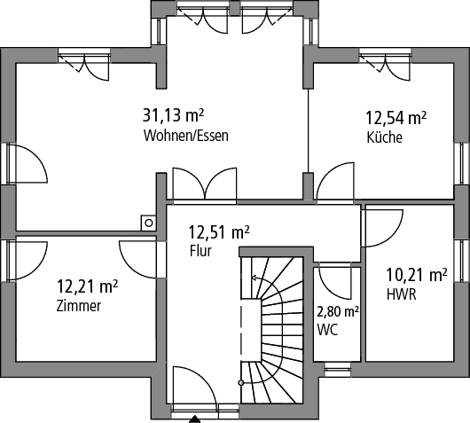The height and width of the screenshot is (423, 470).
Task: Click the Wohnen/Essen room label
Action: [x=186, y=136]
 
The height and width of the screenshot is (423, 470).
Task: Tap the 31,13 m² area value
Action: [x=173, y=115]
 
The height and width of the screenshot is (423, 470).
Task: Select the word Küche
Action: [x=384, y=137]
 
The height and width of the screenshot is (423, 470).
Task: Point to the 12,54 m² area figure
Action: [x=396, y=117]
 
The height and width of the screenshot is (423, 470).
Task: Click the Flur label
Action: [x=200, y=251]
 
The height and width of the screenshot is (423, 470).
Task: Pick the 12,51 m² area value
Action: [x=219, y=231]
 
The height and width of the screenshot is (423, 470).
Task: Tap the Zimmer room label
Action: [x=79, y=306]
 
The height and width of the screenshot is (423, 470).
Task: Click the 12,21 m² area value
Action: [x=87, y=286]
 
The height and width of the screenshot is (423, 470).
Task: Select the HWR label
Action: [x=402, y=294]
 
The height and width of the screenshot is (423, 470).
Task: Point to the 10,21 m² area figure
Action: [x=417, y=275]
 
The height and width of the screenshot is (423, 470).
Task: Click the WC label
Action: [x=327, y=330]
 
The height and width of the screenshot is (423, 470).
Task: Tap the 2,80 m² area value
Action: [x=338, y=312]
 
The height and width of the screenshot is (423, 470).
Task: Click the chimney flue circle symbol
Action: [x=149, y=223]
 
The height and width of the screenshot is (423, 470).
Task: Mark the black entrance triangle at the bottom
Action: [x=194, y=419]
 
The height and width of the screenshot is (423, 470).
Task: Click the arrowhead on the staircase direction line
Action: [x=254, y=278]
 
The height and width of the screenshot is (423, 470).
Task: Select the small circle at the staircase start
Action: [x=240, y=383]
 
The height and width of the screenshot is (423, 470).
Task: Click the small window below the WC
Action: [x=338, y=369]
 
